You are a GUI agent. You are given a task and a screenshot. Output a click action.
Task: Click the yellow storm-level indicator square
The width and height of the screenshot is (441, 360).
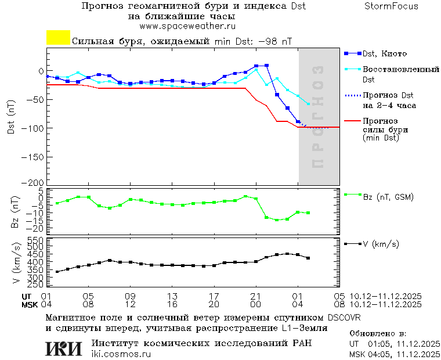pyautogui.click(x=58, y=37)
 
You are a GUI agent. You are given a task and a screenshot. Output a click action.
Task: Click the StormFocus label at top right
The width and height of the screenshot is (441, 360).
pyautogui.click(x=392, y=6)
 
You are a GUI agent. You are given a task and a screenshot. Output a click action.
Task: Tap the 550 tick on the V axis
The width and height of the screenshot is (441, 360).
pyautogui.click(x=36, y=240)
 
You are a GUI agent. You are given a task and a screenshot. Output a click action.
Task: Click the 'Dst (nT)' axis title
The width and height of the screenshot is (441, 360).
pyautogui.click(x=12, y=117)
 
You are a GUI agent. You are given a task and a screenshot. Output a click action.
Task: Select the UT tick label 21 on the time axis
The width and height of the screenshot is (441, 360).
pyautogui.click(x=256, y=295)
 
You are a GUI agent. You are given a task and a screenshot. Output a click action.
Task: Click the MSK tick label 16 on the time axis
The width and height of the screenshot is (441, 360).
pyautogui.click(x=172, y=304)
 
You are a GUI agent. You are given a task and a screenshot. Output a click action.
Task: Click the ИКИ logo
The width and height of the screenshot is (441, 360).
pyautogui.click(x=64, y=348)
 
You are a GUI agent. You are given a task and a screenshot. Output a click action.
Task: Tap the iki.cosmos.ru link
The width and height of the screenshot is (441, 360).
pyautogui.click(x=121, y=354)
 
